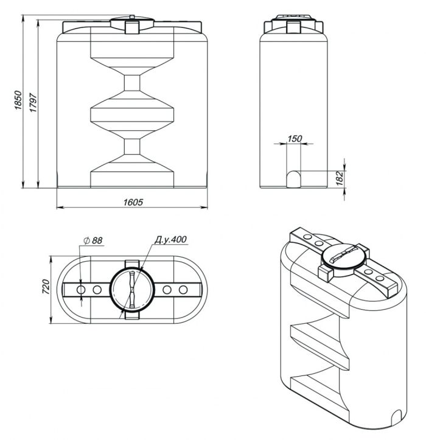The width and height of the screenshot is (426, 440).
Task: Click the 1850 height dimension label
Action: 18,100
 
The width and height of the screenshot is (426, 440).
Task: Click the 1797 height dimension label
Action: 33,102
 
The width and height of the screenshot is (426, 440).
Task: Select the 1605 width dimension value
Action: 133,202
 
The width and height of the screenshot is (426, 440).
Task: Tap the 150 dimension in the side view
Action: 295,138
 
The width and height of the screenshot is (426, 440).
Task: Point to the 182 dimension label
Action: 340,178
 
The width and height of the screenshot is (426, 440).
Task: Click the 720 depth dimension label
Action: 46,287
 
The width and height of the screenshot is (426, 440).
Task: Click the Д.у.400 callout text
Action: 170,239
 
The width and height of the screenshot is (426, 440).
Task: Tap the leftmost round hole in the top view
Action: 81,290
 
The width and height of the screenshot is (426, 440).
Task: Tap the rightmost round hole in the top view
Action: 183,290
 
